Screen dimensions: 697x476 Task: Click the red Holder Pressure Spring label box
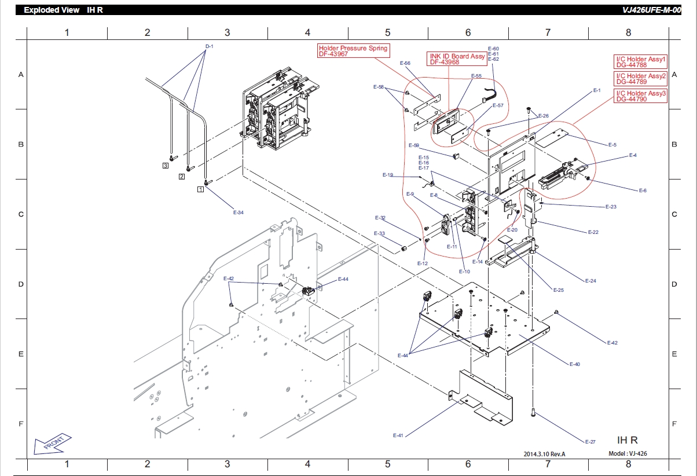[353, 51]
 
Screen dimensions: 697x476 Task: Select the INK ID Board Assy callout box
[457, 59]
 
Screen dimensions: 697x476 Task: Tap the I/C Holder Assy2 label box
[640, 79]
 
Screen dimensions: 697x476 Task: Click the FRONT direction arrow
[52, 444]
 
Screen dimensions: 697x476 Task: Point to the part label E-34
[239, 213]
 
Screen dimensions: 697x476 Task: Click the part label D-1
[209, 46]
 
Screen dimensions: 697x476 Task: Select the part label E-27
[590, 442]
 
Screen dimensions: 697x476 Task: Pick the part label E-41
[398, 435]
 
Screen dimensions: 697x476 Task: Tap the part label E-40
[575, 364]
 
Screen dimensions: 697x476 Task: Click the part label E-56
[405, 63]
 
